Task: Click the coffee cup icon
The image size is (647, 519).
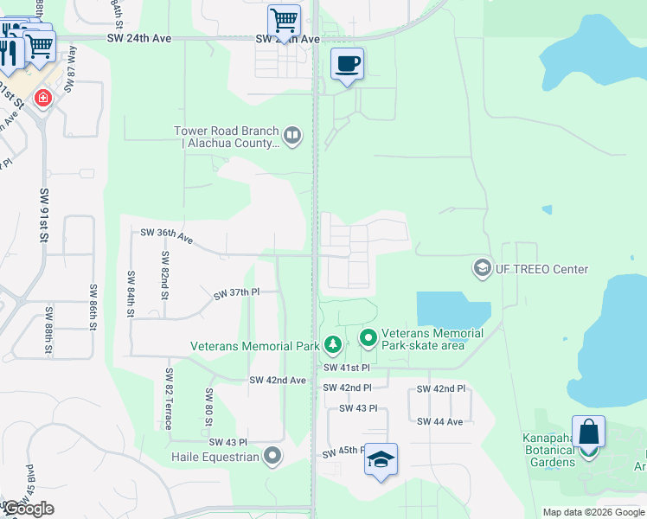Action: [347, 64]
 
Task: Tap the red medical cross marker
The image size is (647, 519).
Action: [42, 99]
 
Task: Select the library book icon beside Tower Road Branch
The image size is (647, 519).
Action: [293, 135]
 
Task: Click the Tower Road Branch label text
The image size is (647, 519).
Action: [227, 138]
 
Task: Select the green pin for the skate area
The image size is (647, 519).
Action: [368, 337]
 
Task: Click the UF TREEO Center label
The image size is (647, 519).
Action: [541, 269]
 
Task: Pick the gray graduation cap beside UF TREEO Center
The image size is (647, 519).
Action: [481, 268]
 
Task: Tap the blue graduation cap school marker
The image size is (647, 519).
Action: [380, 459]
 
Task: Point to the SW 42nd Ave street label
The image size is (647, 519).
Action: [278, 380]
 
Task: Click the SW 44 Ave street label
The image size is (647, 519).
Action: [440, 421]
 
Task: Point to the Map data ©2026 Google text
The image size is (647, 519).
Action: [593, 512]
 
